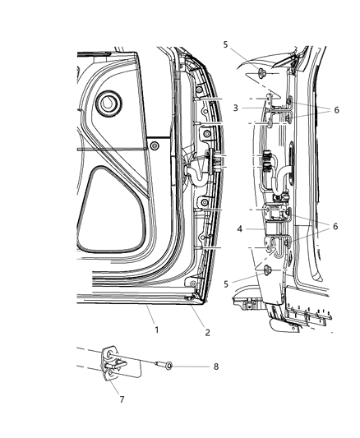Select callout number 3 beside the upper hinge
(235, 108)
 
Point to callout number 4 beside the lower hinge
(238, 229)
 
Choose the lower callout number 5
(225, 284)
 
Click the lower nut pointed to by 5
(264, 270)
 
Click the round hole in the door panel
(107, 105)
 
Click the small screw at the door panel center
(154, 145)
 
